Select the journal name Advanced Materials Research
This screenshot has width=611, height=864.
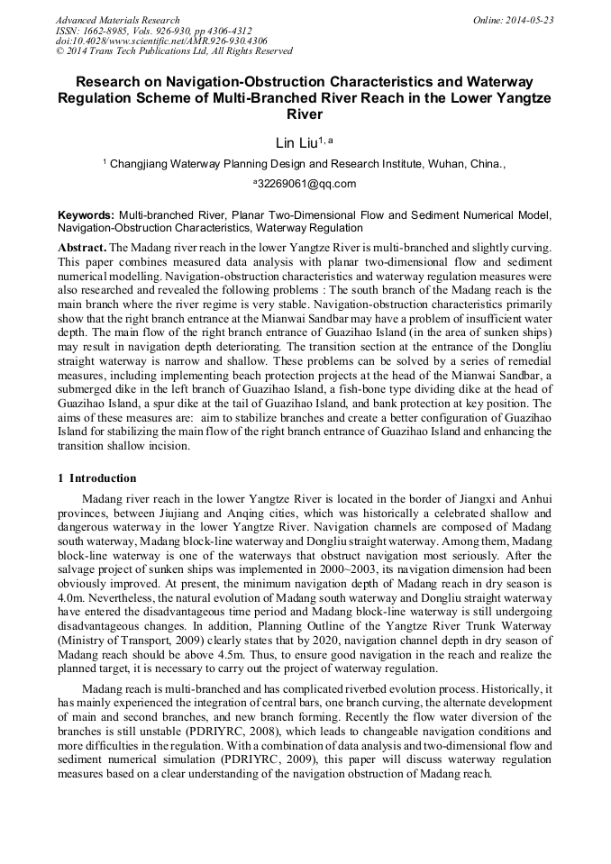pos(118,20)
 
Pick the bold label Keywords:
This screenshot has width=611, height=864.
pos(87,216)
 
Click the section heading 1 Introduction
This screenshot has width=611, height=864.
pos(97,478)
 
